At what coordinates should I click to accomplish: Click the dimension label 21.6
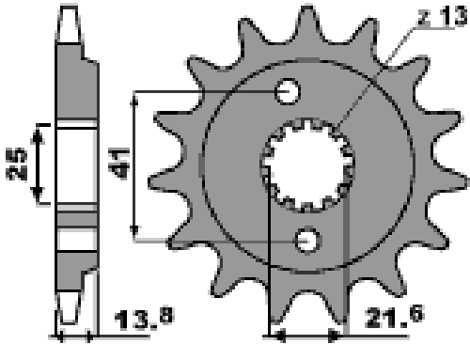[394, 317]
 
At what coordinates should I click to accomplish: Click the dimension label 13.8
[144, 319]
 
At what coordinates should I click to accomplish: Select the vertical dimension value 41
[118, 164]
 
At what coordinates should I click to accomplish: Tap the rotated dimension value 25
[16, 164]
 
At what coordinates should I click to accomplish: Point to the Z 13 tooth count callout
[443, 16]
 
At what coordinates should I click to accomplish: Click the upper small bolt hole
[288, 91]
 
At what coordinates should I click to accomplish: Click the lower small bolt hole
[307, 241]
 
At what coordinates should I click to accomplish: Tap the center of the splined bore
[308, 165]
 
